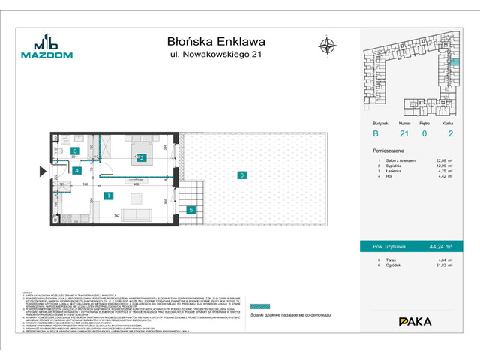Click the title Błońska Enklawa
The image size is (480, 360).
pyautogui.click(x=216, y=42)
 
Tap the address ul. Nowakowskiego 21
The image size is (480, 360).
pyautogui.click(x=216, y=55)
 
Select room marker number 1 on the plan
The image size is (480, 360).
pyautogui.click(x=109, y=196)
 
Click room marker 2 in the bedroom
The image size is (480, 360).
pyautogui.click(x=141, y=158)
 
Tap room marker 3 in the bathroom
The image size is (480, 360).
pyautogui.click(x=75, y=151)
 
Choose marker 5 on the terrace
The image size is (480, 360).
pyautogui.click(x=191, y=210)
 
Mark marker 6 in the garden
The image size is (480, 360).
pyautogui.click(x=241, y=175)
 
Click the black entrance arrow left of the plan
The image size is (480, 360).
pyautogui.click(x=43, y=171)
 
